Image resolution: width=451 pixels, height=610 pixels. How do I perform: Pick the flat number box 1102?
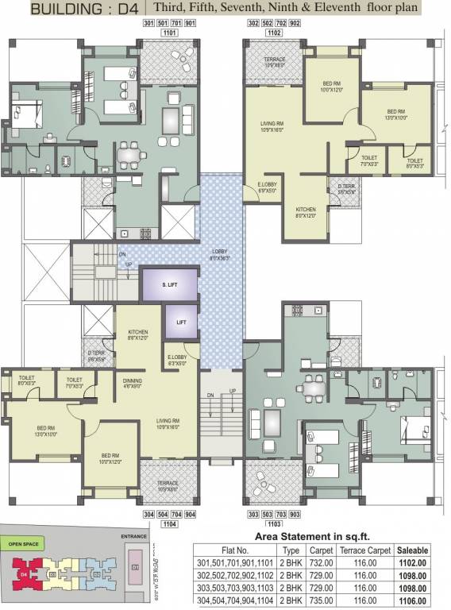pyautogui.click(x=274, y=34)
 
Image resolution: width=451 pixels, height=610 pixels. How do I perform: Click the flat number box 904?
pyautogui.click(x=190, y=515)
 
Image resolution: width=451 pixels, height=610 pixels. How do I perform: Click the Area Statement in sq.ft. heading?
pyautogui.click(x=314, y=536)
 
